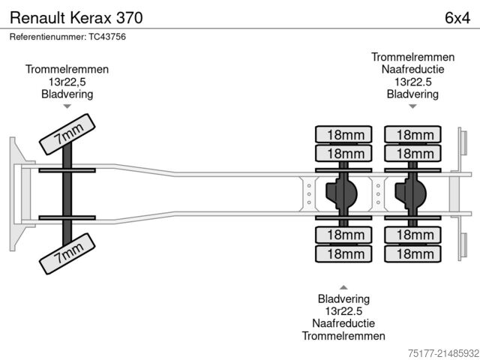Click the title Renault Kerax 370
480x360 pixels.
click(x=73, y=16)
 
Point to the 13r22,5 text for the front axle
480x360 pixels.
click(x=67, y=82)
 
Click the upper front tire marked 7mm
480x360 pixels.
click(x=67, y=135)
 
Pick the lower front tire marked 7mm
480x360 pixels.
click(x=67, y=255)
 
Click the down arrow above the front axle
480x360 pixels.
click(x=67, y=107)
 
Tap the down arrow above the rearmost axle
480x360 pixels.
click(x=412, y=107)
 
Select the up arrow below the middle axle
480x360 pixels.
click(x=343, y=286)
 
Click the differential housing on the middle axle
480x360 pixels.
click(x=340, y=194)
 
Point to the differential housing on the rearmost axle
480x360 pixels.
click(x=410, y=194)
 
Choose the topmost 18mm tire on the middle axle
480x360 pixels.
click(x=344, y=135)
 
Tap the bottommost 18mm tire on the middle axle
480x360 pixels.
click(x=344, y=254)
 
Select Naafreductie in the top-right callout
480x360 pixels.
click(x=412, y=69)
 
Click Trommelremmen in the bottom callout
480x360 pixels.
click(x=343, y=336)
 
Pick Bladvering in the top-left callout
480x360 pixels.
click(x=67, y=94)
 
